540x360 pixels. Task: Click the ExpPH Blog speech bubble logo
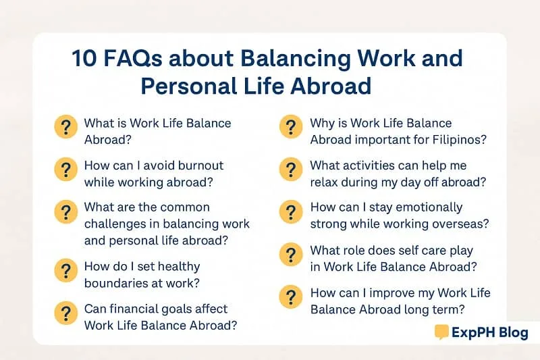442,332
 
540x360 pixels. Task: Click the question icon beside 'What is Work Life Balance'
65,128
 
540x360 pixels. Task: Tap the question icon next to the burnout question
65,170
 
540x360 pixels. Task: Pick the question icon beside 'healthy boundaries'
65,271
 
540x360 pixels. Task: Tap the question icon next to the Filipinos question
291,128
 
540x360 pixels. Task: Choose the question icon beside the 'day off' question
291,170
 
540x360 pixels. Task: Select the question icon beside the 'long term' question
291,297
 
